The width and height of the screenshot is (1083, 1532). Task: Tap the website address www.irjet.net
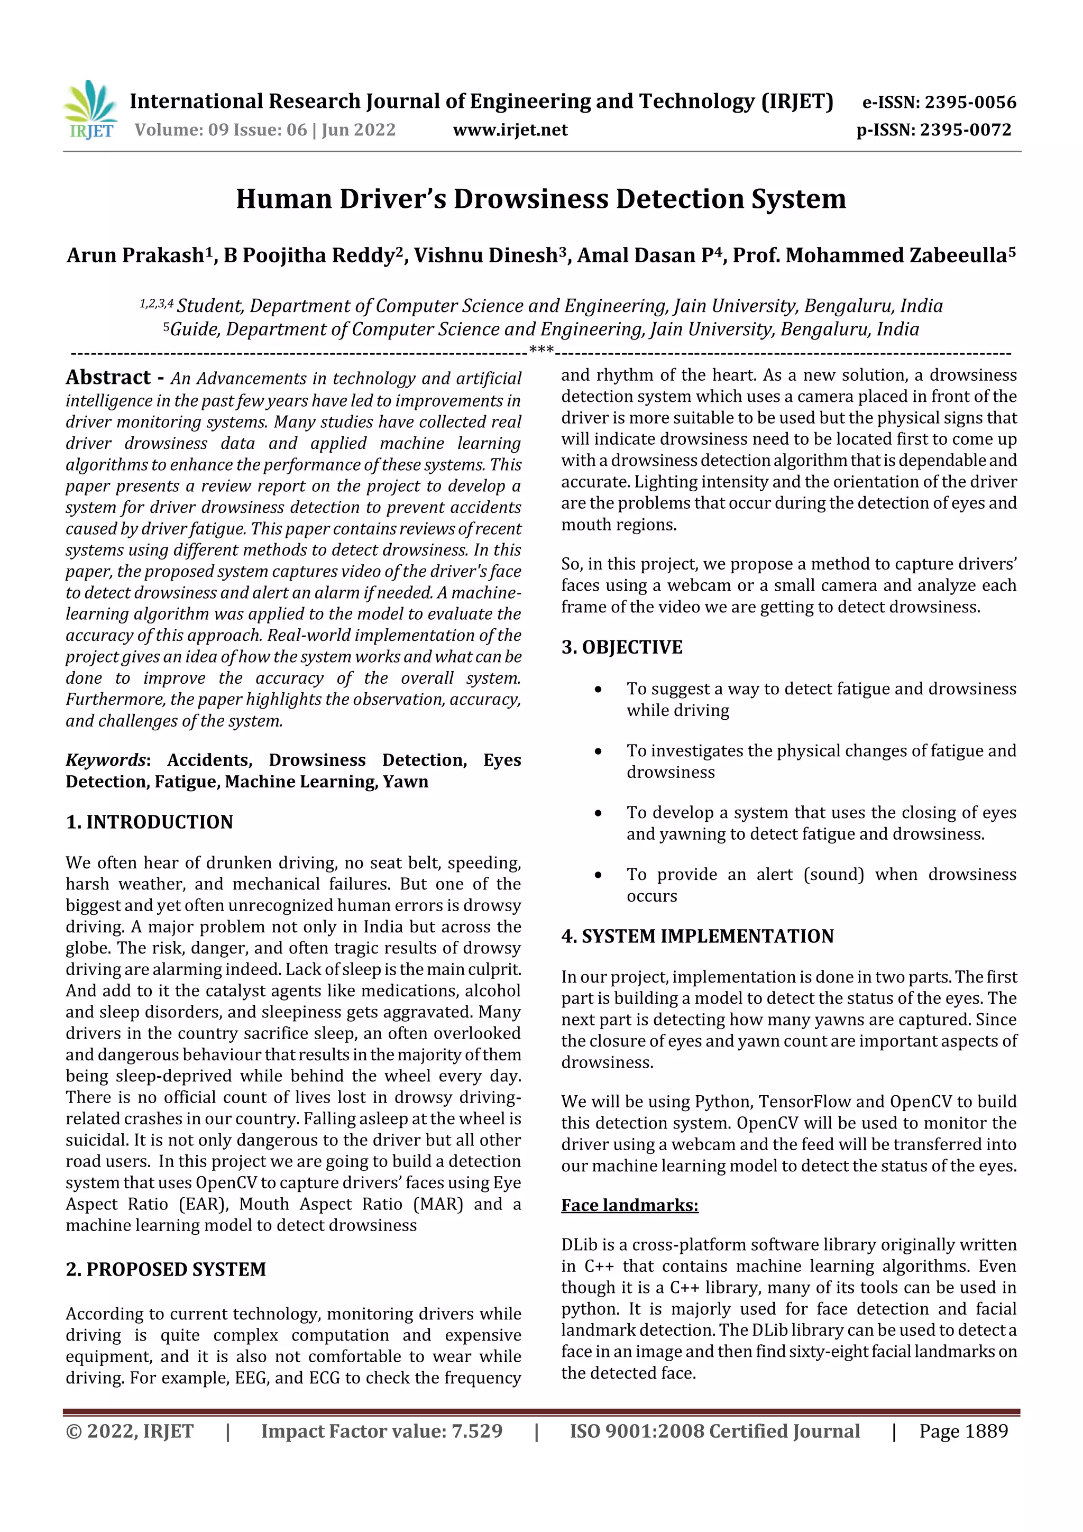click(510, 130)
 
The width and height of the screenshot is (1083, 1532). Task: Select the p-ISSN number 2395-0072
click(966, 130)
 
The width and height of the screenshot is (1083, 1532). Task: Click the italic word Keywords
click(105, 760)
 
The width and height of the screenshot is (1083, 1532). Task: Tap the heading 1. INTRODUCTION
click(150, 822)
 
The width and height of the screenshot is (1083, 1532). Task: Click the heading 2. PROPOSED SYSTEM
click(166, 1269)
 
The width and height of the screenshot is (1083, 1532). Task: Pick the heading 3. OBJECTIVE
click(622, 647)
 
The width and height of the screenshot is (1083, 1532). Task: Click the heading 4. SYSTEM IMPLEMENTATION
click(697, 936)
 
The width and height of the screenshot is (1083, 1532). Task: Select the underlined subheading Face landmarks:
click(629, 1205)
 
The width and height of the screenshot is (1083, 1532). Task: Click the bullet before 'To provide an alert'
click(599, 875)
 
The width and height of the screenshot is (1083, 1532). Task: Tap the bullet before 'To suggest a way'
click(599, 689)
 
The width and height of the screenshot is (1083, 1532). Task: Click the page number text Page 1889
click(963, 1430)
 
